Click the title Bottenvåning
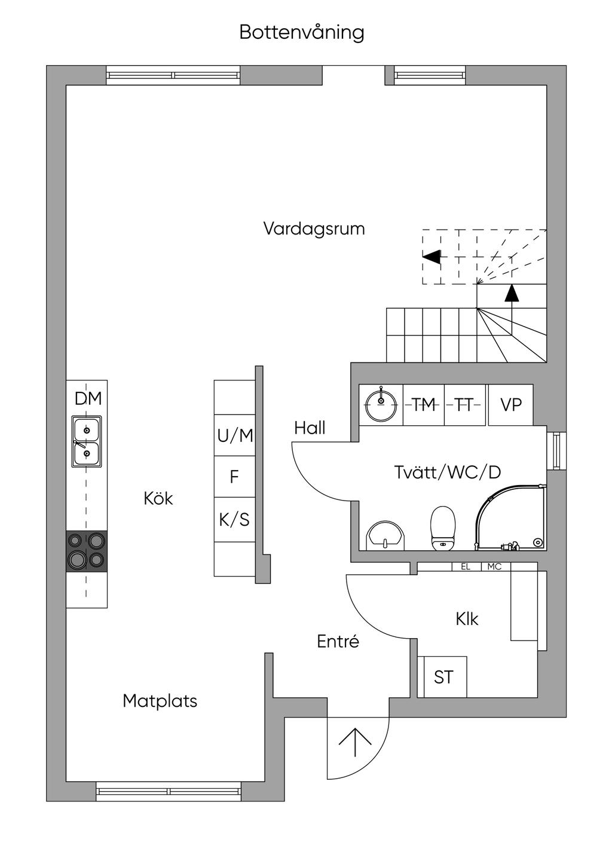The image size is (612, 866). pos(302,32)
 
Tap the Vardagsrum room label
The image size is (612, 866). pos(314,229)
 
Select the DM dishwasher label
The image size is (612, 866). pos(88,399)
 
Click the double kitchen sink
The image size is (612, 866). pos(87,442)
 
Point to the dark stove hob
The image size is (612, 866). pos(87,550)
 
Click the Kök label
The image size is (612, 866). pos(158,499)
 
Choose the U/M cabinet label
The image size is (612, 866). pos(235,436)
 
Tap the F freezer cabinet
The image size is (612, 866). pos(234,477)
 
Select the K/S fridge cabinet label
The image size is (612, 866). pos(234,520)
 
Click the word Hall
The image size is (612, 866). pos(310,428)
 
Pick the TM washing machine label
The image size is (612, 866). pos(424,405)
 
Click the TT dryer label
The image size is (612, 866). pos(464,405)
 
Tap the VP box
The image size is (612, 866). pos(511,405)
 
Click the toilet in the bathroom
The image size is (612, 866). pos(443,527)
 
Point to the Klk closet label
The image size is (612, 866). pos(467,619)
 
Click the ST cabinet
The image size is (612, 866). pos(443,678)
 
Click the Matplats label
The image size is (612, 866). pos(160,701)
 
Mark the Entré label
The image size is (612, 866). pos(338,642)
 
